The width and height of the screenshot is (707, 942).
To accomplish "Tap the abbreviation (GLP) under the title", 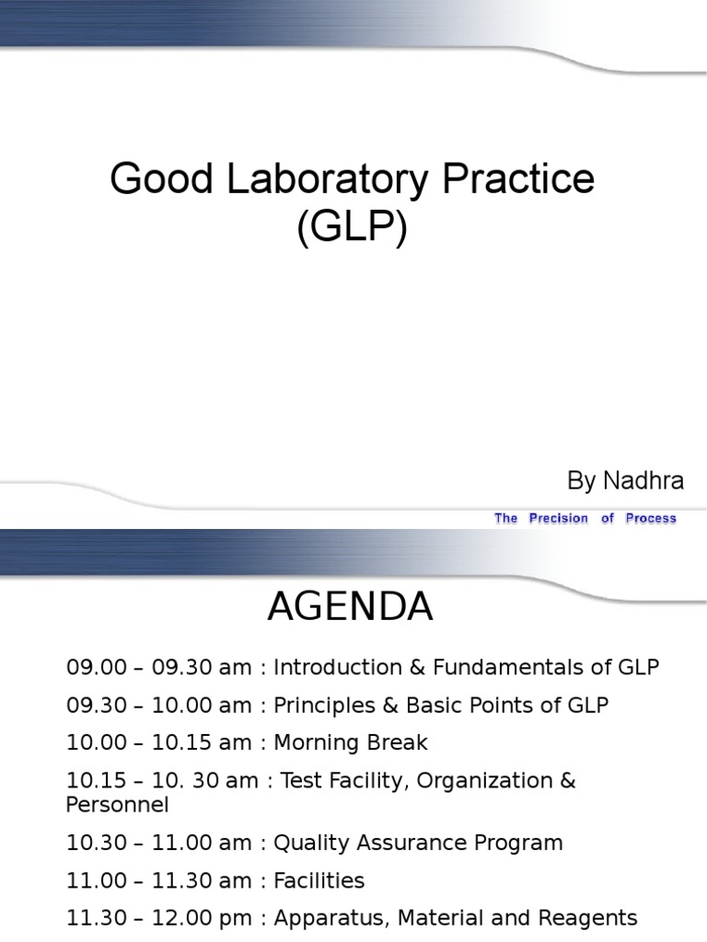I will (x=353, y=228).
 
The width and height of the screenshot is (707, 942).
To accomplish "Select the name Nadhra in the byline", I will (x=643, y=480).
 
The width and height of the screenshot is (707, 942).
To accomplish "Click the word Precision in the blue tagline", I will (x=558, y=519).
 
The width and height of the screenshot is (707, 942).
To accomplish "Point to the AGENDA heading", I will (x=350, y=608).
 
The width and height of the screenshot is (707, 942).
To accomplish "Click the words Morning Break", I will (x=351, y=742).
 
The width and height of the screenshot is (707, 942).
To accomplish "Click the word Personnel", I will (x=117, y=805).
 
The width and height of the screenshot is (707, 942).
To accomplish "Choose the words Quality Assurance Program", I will (x=418, y=843).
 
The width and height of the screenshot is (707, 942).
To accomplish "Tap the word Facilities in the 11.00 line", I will (x=319, y=880).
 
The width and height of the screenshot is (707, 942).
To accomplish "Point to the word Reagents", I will (x=586, y=917).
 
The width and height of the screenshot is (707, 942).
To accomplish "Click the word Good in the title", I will (x=148, y=180).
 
